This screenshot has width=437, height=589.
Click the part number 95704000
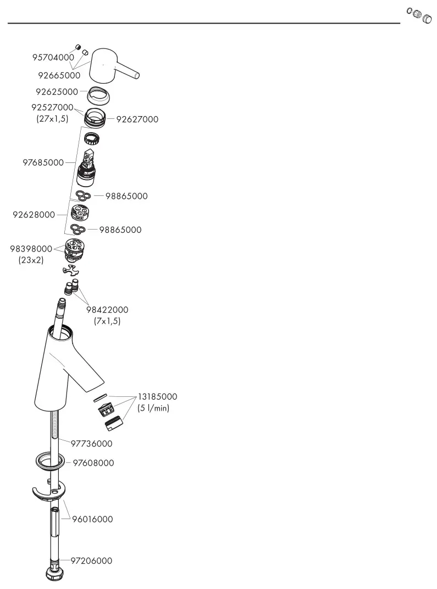(x=53, y=57)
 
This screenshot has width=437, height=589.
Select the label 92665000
(x=59, y=75)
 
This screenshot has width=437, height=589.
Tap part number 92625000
(x=57, y=92)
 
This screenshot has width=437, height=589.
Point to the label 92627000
(x=137, y=119)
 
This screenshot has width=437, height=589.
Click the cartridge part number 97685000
(x=43, y=162)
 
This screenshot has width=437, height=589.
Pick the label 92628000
(x=34, y=215)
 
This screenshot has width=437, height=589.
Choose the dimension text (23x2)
(x=31, y=260)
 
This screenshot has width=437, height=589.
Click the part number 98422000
(x=107, y=310)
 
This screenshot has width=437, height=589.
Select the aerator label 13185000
(x=158, y=397)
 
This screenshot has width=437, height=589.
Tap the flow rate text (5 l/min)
(x=153, y=408)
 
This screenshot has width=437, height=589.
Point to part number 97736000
(x=92, y=444)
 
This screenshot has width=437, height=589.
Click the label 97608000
(x=93, y=463)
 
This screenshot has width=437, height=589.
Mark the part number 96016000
(x=93, y=519)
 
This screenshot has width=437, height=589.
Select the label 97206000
(x=92, y=561)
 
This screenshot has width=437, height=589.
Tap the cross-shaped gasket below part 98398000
(x=71, y=270)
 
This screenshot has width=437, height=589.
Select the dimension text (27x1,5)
(x=53, y=119)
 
